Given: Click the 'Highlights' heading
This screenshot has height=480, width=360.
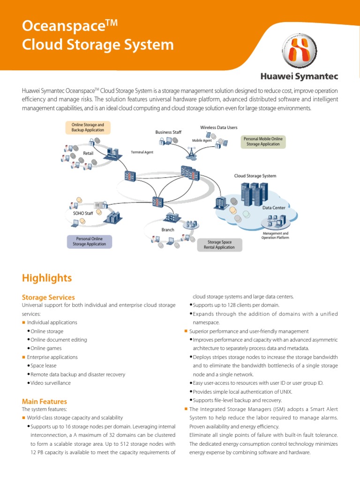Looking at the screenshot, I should [x=47, y=278].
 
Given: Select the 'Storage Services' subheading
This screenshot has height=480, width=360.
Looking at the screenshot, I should [x=48, y=297].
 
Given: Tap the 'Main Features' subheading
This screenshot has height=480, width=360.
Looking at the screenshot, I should [x=45, y=401].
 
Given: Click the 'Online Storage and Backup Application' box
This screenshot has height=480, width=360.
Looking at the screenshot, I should [x=88, y=127].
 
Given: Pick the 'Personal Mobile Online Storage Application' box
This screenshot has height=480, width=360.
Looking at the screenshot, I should [x=263, y=142].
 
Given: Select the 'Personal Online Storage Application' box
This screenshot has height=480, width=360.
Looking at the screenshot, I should [x=90, y=241].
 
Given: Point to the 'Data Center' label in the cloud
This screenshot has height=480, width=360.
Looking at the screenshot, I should [x=274, y=207].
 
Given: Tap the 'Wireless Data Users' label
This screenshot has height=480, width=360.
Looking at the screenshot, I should [x=219, y=127].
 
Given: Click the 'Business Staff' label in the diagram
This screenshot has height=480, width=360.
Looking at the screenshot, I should [x=168, y=132].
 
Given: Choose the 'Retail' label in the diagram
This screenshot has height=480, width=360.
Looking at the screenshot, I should [x=89, y=153].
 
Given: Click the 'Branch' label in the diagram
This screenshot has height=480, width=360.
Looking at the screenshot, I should [x=168, y=230].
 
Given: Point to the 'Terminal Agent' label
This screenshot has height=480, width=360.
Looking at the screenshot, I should [x=142, y=152].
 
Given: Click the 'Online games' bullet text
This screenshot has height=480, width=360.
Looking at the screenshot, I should [x=46, y=348].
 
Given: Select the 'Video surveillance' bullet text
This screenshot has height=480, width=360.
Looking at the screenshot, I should [x=51, y=383].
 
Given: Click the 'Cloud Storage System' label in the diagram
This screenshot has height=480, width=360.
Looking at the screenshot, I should [x=255, y=176].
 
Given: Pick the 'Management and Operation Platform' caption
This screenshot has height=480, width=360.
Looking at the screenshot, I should [x=275, y=235].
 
